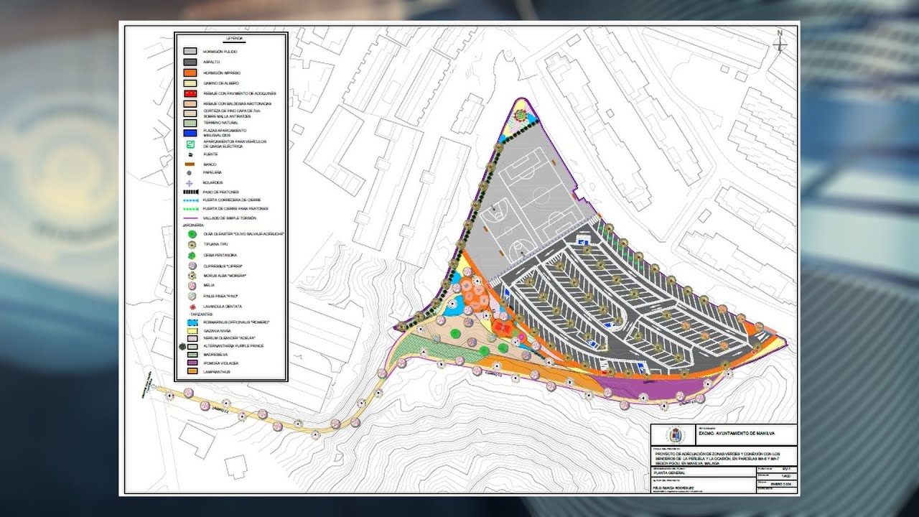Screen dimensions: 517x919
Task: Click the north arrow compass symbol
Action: (780, 42)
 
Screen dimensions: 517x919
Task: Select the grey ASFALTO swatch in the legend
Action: (190, 62)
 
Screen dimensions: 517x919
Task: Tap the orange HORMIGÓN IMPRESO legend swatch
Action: (190, 73)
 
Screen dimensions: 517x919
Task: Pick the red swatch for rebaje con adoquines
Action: (190, 94)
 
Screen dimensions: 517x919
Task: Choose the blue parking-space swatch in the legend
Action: (190, 132)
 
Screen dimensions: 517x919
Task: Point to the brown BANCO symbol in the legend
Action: (190, 164)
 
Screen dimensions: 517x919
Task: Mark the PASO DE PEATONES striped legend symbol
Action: (190, 192)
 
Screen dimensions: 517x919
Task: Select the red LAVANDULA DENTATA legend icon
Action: (190, 307)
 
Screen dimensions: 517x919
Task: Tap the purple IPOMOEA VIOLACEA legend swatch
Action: (190, 364)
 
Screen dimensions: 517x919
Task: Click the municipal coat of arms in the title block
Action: (673, 435)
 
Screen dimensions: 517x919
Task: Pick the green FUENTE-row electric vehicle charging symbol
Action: (190, 144)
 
